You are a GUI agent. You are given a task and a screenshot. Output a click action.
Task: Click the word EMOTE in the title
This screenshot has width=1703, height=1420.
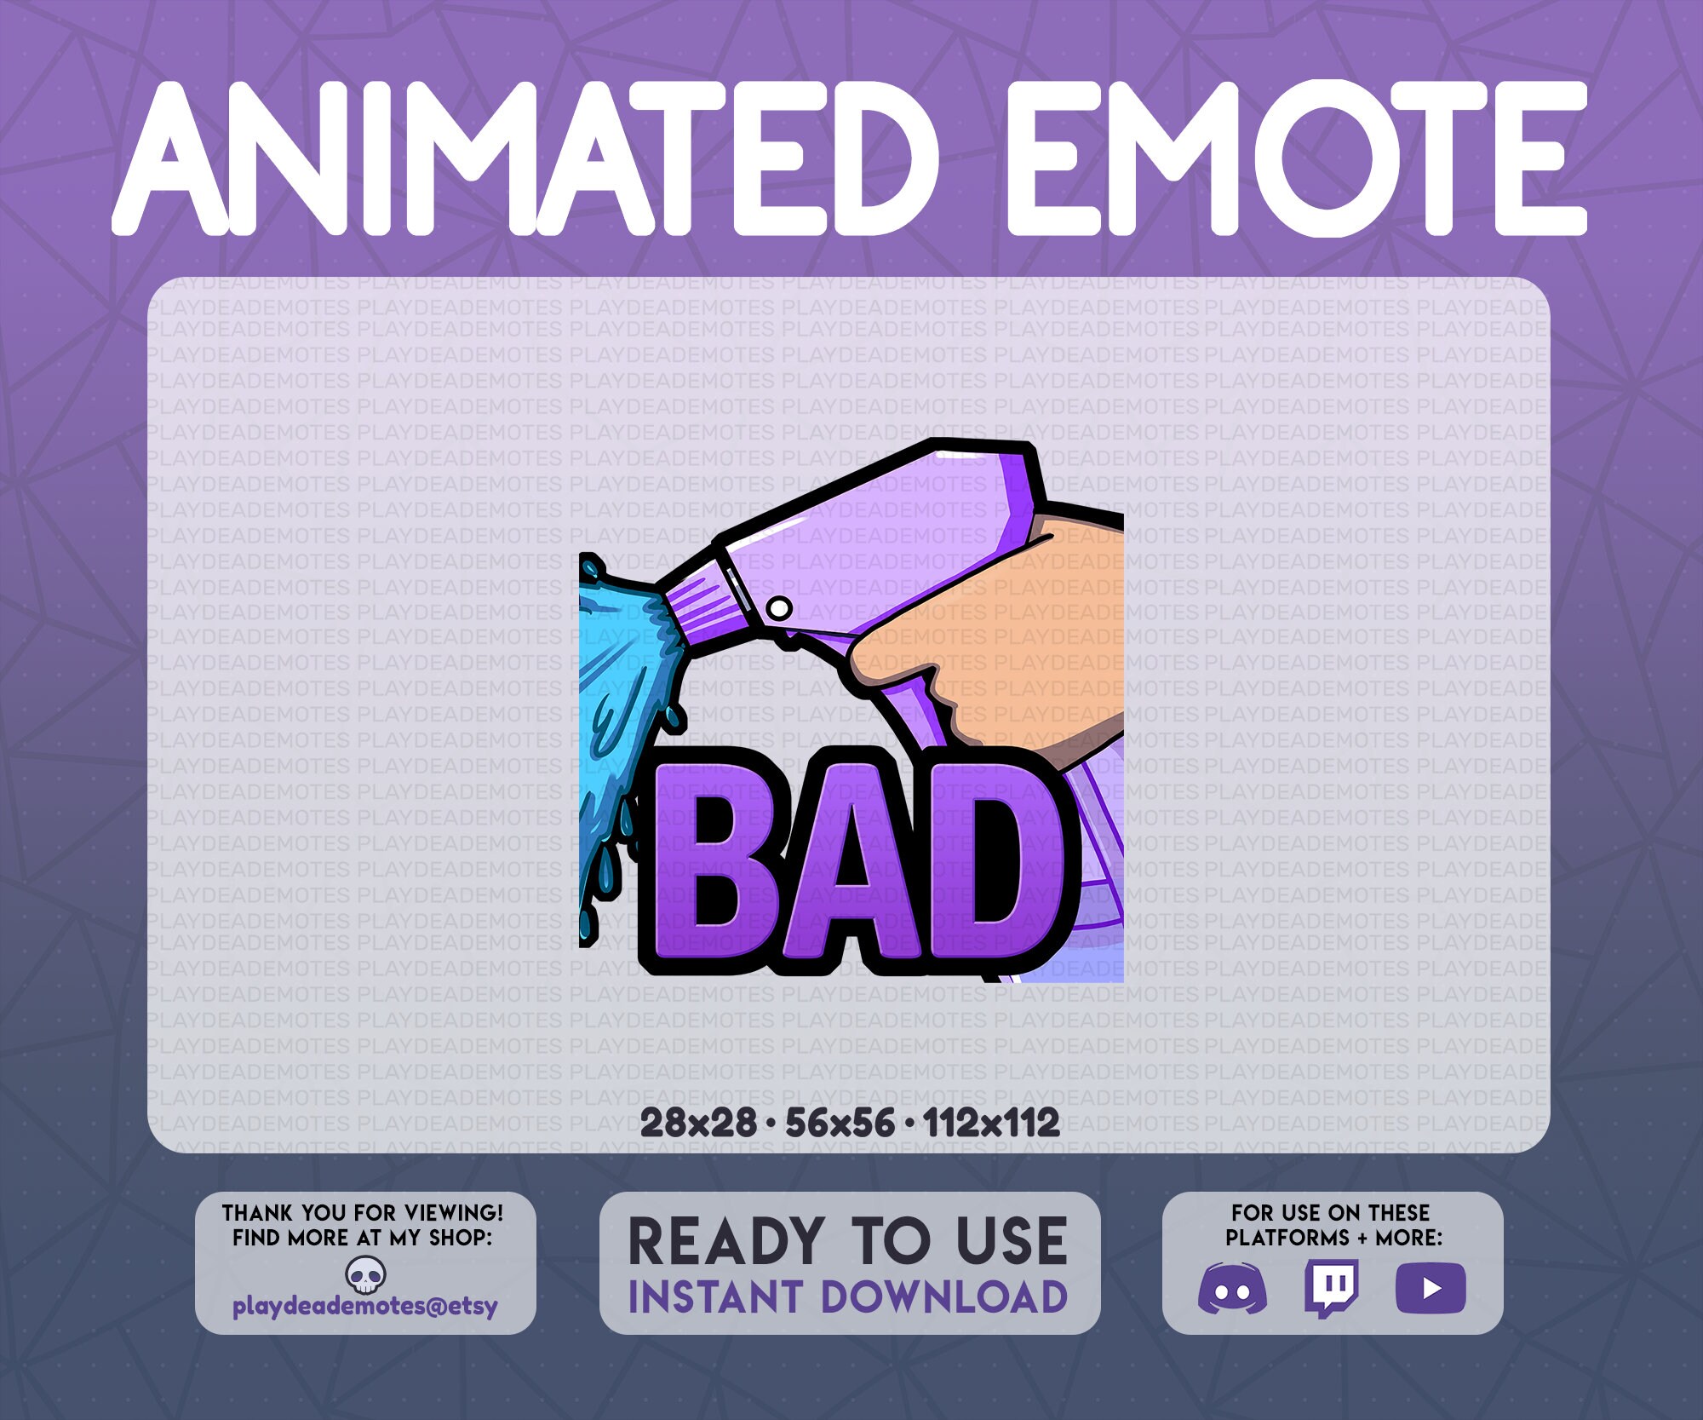[1294, 158]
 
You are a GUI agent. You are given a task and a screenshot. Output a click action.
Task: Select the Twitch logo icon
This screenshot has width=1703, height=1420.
[1331, 1287]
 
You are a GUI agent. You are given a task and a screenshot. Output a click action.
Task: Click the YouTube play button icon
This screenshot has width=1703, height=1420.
[1431, 1287]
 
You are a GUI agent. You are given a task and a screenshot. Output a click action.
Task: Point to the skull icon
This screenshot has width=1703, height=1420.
[366, 1275]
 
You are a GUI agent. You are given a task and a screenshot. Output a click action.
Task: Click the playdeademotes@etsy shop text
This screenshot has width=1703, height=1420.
[364, 1306]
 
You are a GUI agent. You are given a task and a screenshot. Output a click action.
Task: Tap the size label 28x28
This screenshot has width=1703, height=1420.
[697, 1123]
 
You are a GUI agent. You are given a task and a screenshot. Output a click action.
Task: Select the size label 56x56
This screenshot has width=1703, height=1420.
[840, 1123]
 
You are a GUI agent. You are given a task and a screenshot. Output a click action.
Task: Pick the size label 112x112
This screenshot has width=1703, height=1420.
[991, 1123]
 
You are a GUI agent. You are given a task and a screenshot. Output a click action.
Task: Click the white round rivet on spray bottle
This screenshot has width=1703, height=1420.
[778, 608]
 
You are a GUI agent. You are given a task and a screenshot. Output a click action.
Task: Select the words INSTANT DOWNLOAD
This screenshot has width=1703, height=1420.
[848, 1297]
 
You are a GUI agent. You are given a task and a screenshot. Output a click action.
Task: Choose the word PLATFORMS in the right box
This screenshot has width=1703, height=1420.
[1287, 1237]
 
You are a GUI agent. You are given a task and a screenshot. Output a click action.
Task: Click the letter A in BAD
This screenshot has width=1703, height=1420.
[860, 865]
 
